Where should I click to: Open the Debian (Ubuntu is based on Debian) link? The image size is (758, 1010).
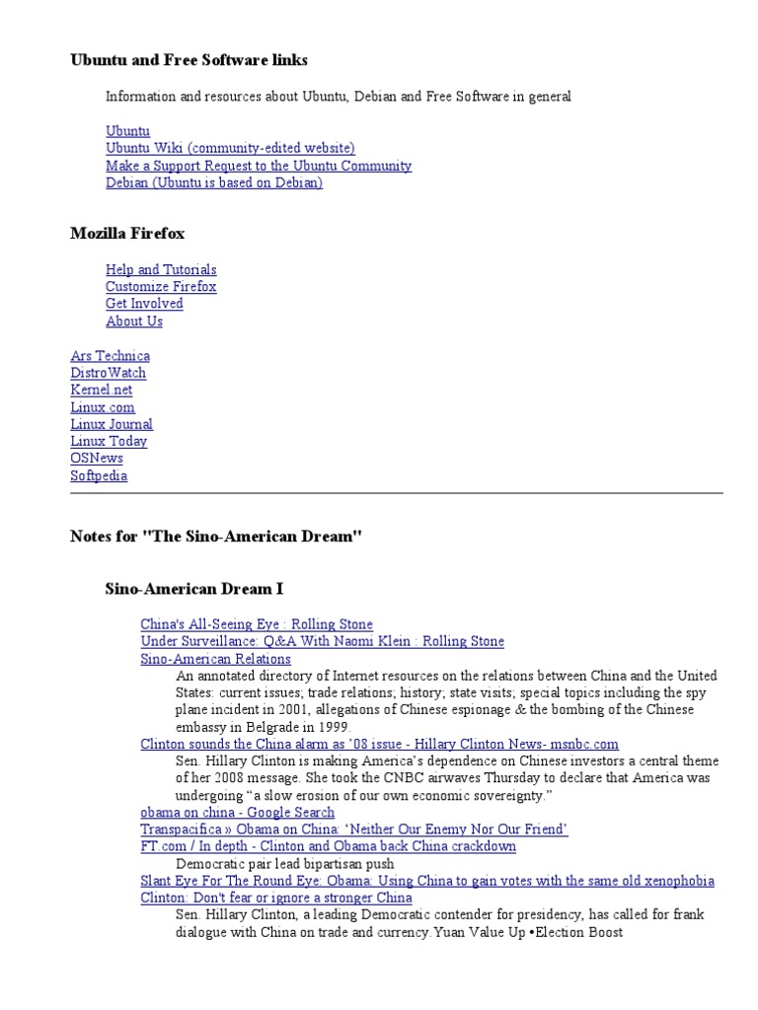(x=214, y=182)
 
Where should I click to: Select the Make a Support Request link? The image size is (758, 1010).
(x=259, y=166)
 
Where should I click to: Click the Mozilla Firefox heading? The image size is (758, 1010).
(x=127, y=234)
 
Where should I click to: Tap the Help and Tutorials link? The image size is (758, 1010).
(x=161, y=269)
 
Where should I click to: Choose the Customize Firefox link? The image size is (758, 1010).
(x=161, y=286)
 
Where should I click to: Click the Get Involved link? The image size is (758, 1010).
(x=144, y=304)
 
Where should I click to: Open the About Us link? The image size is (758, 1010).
(x=134, y=321)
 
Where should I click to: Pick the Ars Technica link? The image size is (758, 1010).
(x=111, y=355)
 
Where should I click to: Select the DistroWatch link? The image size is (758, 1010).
(x=109, y=373)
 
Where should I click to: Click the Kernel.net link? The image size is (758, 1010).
(x=102, y=390)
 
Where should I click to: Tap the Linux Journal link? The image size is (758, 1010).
(x=112, y=424)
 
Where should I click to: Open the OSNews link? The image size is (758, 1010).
(x=97, y=459)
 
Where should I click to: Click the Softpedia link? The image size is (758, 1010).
(x=99, y=475)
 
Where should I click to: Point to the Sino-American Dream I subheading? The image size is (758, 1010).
(x=194, y=589)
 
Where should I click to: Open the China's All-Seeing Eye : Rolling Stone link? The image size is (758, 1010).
(x=257, y=623)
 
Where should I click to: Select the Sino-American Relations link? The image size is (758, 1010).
(x=215, y=658)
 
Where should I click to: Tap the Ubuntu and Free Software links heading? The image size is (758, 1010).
(x=189, y=60)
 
